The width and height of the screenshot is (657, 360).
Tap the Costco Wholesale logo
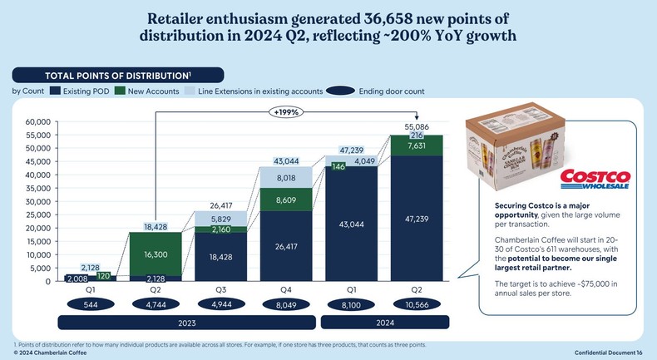(x=596, y=180)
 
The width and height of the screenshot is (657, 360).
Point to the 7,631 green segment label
(x=416, y=146)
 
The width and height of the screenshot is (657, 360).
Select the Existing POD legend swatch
(x=57, y=91)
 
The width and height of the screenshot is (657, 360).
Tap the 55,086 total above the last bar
(x=416, y=126)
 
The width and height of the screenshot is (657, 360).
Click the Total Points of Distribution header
(x=123, y=75)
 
